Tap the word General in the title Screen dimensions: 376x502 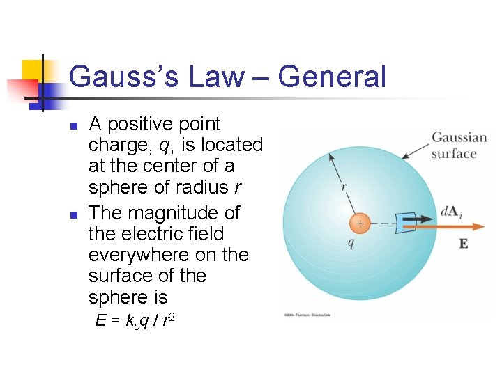click(332, 76)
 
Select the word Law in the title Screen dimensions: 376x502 click(215, 76)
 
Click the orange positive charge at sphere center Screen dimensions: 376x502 click(360, 224)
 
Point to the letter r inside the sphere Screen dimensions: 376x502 click(344, 186)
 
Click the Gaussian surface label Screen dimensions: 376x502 click(453, 146)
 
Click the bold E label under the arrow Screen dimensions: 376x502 click(464, 244)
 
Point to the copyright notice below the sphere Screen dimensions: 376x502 click(310, 315)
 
